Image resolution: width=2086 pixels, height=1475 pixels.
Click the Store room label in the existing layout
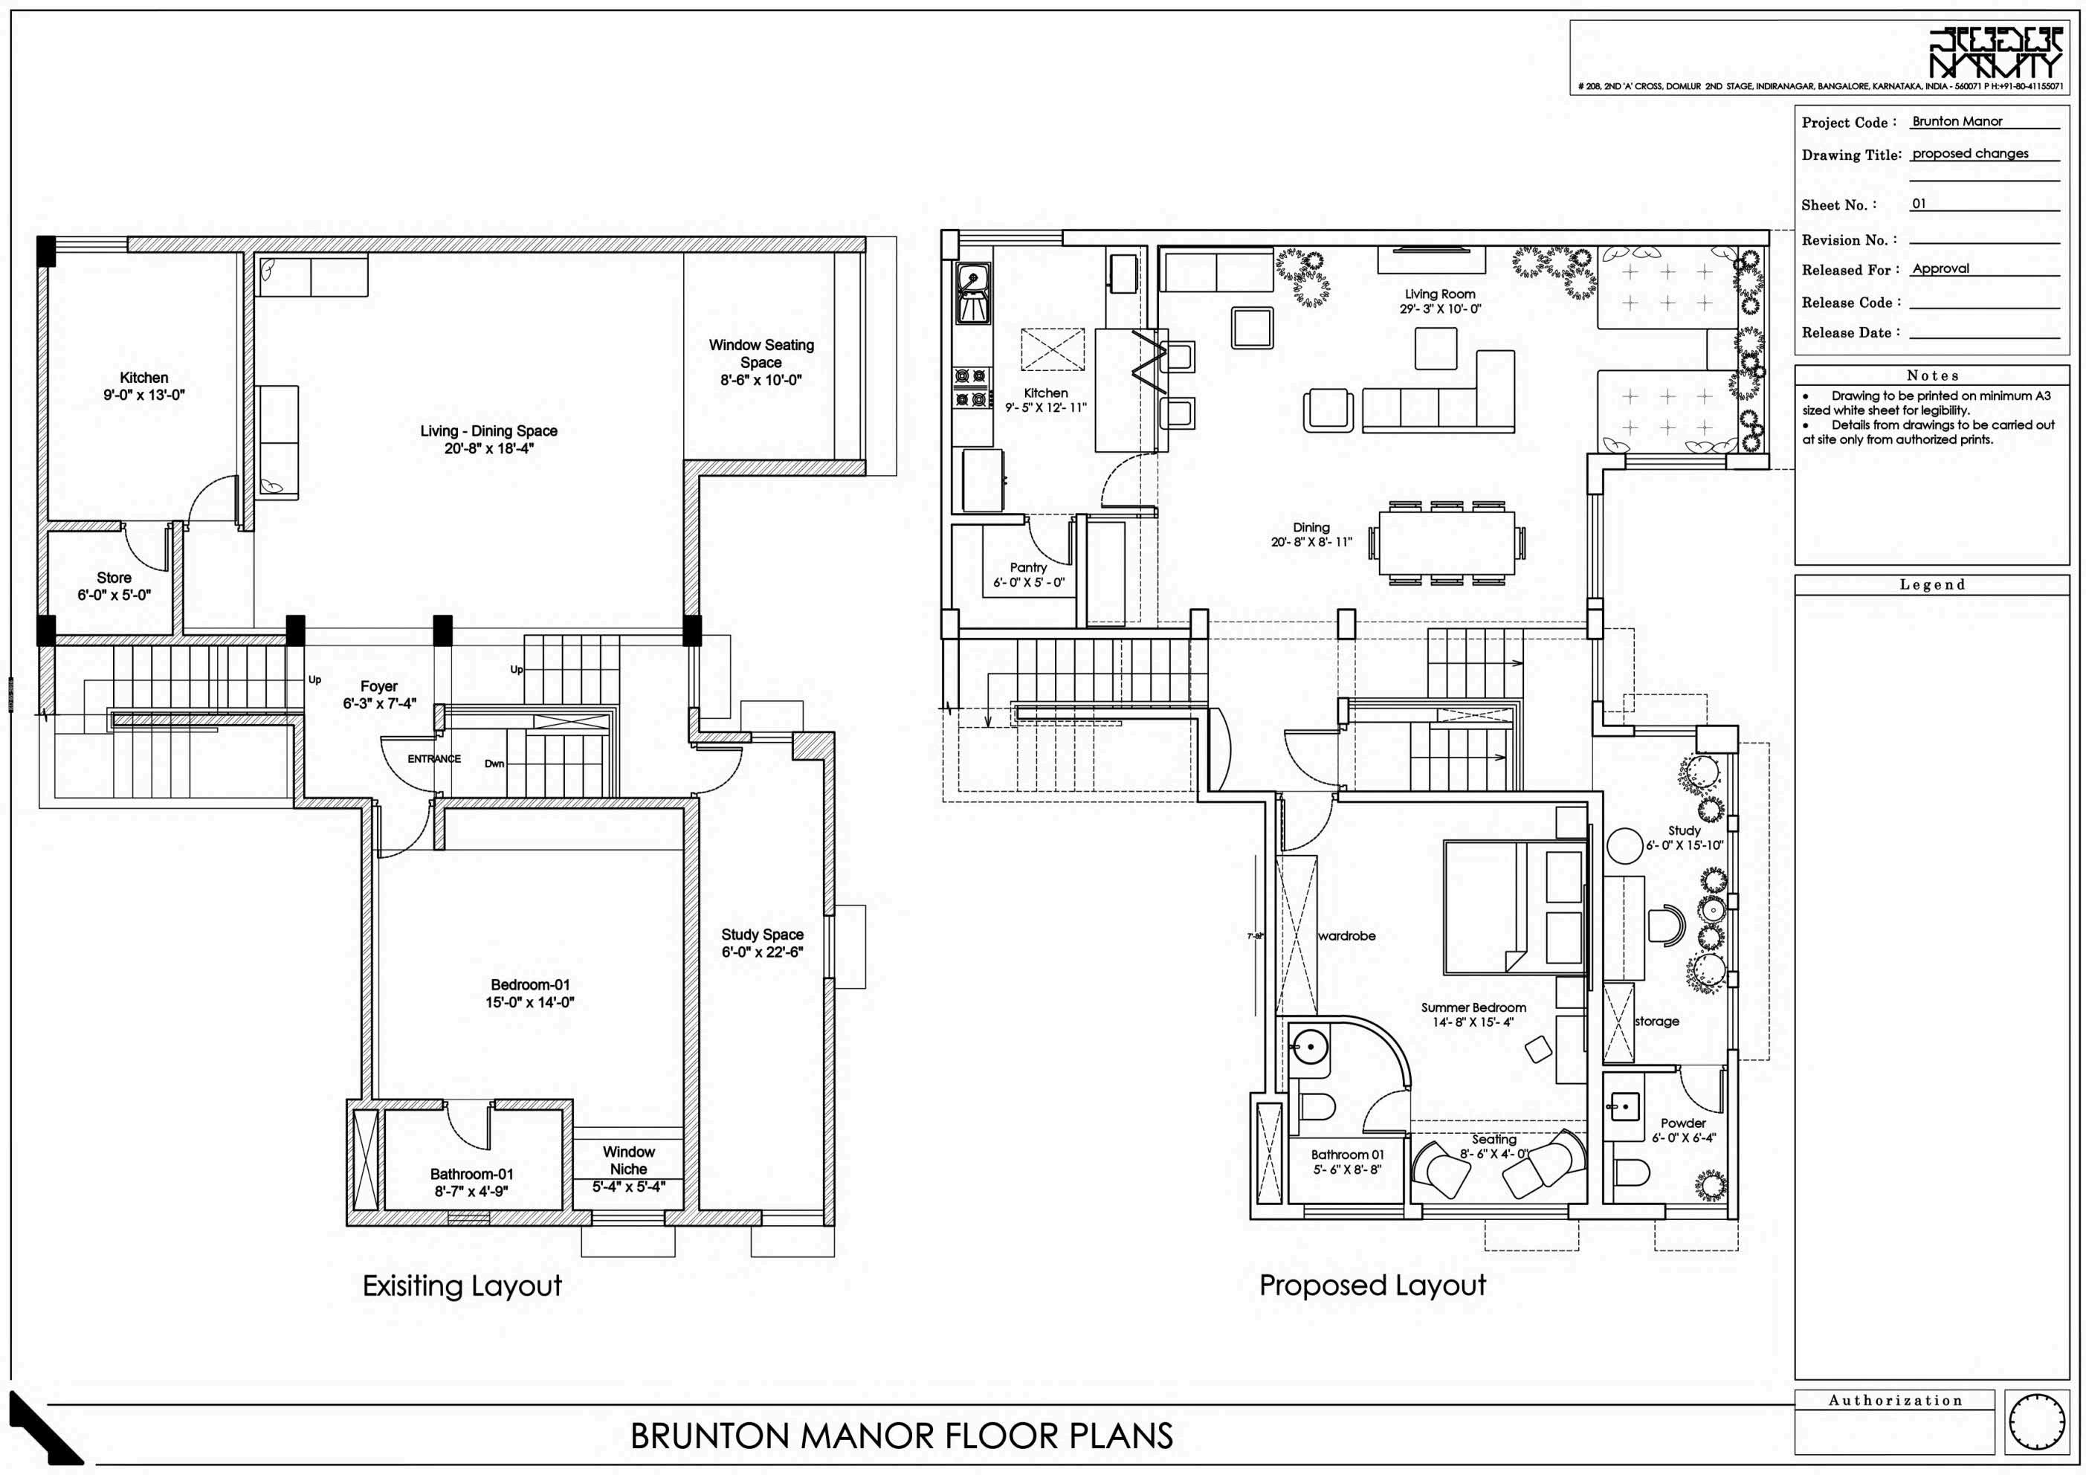coord(114,578)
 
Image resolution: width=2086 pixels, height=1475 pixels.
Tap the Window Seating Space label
coord(761,354)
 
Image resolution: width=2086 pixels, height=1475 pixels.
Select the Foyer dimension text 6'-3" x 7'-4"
coord(380,703)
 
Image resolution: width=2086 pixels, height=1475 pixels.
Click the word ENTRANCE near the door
coord(433,759)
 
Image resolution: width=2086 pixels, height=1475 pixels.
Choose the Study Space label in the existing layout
coord(762,935)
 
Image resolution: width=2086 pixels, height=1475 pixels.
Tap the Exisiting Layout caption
coord(462,1286)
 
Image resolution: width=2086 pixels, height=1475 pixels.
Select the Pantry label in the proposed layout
coord(1027,567)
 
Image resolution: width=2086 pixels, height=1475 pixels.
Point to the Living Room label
coord(1440,294)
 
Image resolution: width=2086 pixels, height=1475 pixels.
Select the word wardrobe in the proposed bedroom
coord(1346,936)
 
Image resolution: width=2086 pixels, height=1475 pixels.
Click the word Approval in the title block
coord(1940,269)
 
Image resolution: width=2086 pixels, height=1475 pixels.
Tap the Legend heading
coord(1932,584)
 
